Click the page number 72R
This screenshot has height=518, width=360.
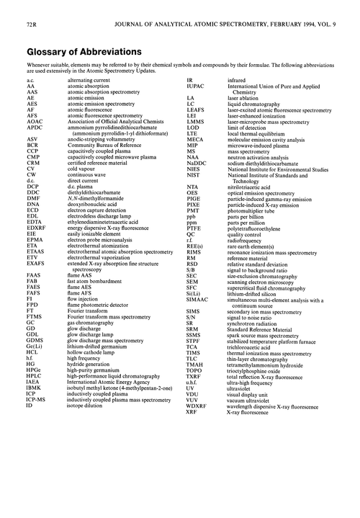[x=22, y=9]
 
